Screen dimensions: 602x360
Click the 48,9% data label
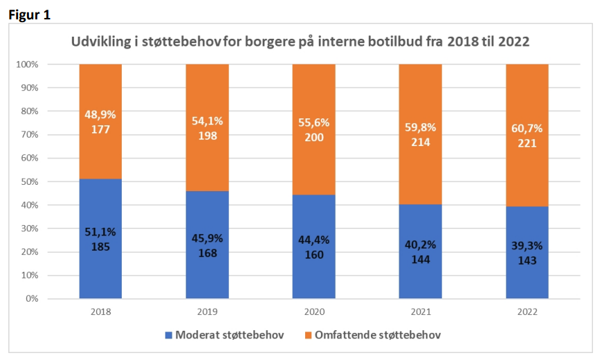(100, 114)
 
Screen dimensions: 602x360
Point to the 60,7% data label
(527, 128)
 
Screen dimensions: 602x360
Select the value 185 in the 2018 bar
(100, 246)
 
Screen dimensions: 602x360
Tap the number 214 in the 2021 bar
(421, 142)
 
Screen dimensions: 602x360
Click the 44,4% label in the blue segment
(314, 240)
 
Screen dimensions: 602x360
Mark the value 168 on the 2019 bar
(208, 253)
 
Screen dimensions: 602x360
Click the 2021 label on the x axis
(421, 312)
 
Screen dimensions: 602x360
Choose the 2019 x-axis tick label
(208, 312)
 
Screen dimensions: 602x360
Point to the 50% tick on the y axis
(30, 181)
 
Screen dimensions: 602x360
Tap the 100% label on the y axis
(27, 64)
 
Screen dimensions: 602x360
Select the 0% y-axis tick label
(32, 298)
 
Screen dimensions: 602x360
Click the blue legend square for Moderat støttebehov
(169, 335)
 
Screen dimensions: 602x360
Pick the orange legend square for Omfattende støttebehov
(308, 335)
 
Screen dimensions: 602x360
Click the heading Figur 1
(30, 15)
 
